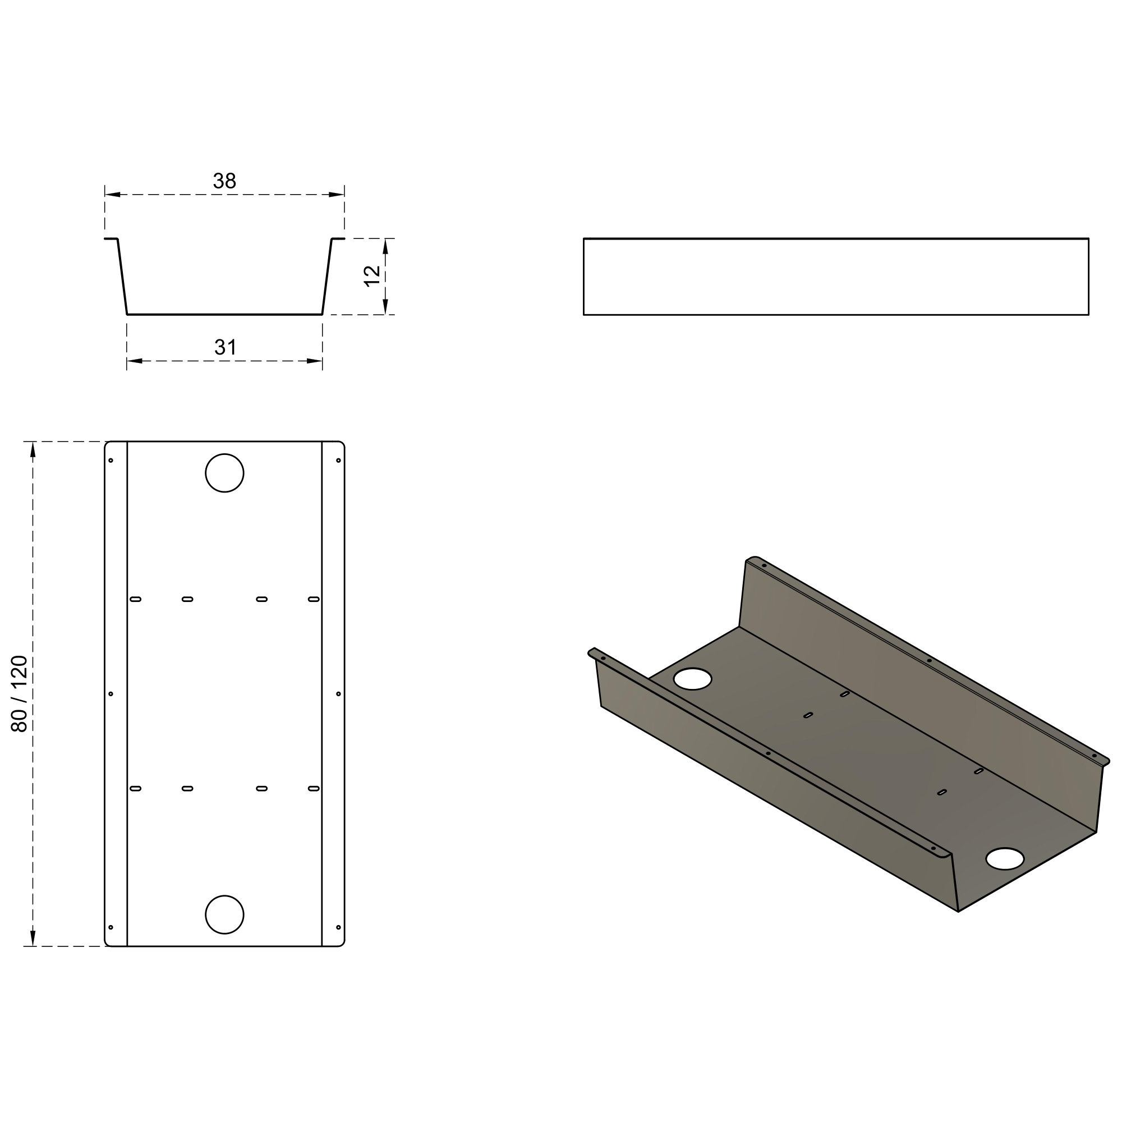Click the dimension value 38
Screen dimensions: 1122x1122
[225, 181]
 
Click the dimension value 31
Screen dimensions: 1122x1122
[226, 347]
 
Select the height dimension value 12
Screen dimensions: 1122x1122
[373, 275]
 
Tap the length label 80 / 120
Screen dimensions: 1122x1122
[20, 694]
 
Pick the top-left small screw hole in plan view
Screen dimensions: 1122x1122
[111, 461]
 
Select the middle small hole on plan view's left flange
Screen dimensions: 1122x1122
[111, 694]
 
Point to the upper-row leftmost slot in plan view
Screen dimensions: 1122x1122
[135, 599]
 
